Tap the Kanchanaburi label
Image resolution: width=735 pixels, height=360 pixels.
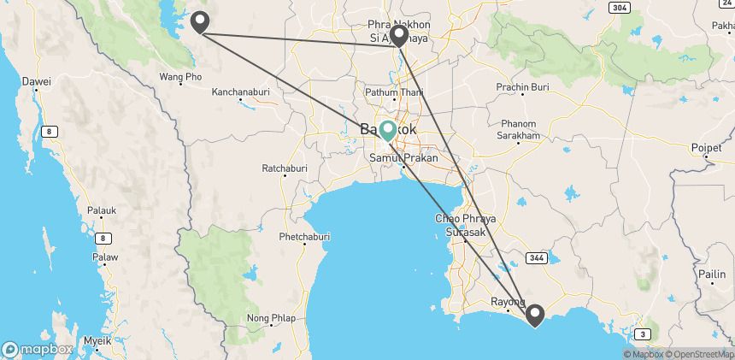[x=237, y=91]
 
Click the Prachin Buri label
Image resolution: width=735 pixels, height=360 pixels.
[x=521, y=87]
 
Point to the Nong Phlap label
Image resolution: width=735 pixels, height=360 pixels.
[x=271, y=318]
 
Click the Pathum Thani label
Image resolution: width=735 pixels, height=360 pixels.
[x=390, y=91]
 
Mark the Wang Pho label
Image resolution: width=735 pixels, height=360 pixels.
[x=180, y=77]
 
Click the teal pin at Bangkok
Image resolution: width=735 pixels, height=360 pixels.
[x=388, y=129]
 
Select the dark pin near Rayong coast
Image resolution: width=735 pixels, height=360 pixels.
[x=535, y=315]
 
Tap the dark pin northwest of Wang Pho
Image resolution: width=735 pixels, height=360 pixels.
[x=200, y=21]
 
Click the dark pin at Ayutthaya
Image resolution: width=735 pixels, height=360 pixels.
[x=397, y=36]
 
